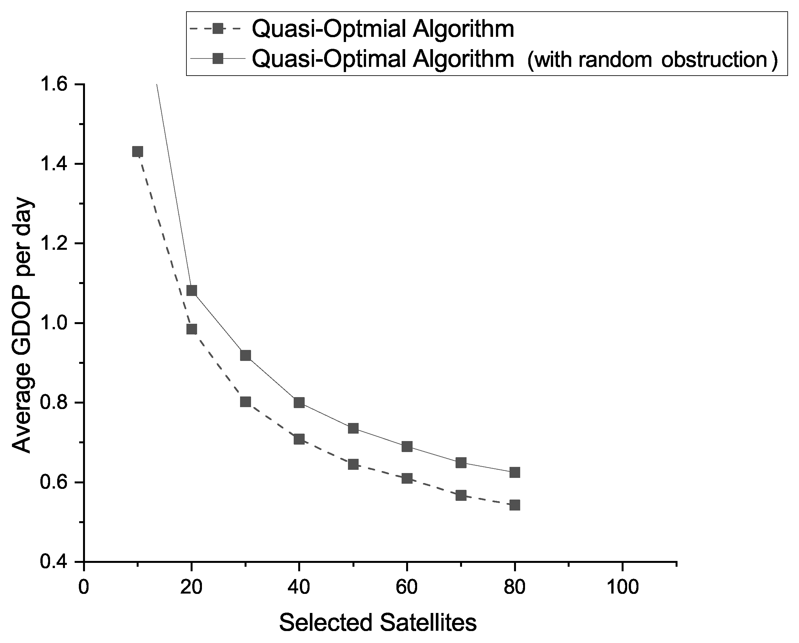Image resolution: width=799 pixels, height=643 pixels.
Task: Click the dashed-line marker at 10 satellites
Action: pos(138,152)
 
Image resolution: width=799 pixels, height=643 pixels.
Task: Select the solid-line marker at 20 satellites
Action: pos(192,290)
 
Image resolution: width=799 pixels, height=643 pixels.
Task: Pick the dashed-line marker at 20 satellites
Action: pos(192,329)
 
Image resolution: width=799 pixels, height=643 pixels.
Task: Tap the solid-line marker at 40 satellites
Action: pos(299,403)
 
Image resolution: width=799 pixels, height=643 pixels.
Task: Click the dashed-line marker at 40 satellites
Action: pos(299,439)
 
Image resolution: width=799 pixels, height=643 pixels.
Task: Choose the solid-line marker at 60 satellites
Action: pos(407,447)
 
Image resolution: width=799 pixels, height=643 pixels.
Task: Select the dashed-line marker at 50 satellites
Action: pos(353,464)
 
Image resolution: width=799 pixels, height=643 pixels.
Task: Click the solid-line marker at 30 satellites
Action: pos(245,355)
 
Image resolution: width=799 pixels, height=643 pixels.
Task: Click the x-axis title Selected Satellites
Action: pos(378,623)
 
